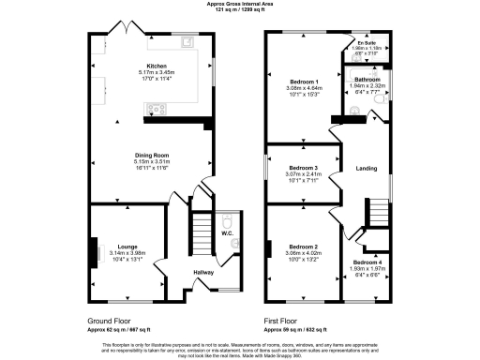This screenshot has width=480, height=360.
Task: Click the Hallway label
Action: tap(203, 272)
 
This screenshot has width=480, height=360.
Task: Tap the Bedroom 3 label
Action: tap(304, 168)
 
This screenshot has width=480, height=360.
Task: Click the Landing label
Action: tap(367, 169)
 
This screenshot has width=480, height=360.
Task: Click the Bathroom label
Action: tap(367, 80)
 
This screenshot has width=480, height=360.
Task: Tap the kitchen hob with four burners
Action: tap(155, 109)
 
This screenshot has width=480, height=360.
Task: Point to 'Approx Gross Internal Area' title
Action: tap(239, 4)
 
